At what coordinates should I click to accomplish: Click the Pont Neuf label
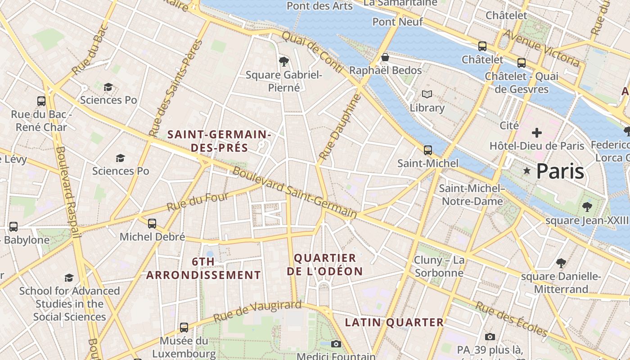tap(398, 22)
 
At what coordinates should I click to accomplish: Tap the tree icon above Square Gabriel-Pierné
tap(283, 61)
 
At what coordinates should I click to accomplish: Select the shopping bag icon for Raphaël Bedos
tap(385, 57)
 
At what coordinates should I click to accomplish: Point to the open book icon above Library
tap(427, 94)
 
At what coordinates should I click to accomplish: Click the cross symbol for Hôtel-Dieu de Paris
tap(536, 133)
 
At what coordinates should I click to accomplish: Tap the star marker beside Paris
tap(527, 171)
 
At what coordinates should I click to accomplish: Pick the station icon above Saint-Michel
tap(428, 150)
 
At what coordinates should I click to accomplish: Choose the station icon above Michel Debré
tap(152, 223)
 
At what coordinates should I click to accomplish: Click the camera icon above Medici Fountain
tap(336, 344)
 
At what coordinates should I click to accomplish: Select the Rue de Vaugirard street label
tap(257, 311)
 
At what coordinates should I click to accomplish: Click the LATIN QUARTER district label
tap(394, 322)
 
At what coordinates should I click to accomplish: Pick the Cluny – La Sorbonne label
tap(439, 266)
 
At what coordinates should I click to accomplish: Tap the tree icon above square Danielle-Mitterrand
tap(561, 263)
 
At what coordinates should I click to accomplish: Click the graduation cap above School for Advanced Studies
tap(69, 278)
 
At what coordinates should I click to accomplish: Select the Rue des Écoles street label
tap(512, 319)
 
